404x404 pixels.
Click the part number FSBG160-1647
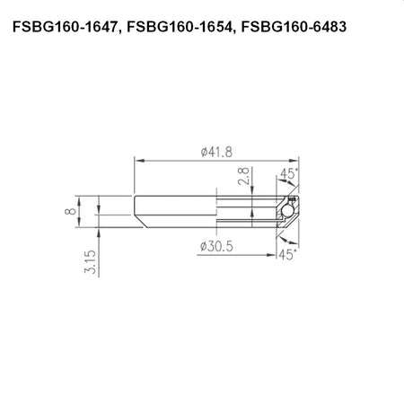coord(64,27)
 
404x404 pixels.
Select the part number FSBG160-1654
coord(179,27)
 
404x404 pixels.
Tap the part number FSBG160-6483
coord(294,27)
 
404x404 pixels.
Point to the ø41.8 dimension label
coord(216,152)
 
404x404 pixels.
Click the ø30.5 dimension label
coord(216,247)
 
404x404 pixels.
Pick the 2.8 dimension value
coord(243,176)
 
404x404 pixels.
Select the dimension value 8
coord(70,211)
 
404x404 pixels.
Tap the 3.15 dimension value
coord(90,262)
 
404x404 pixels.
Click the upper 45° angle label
coord(289,173)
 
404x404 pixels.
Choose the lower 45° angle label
coord(287,255)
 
